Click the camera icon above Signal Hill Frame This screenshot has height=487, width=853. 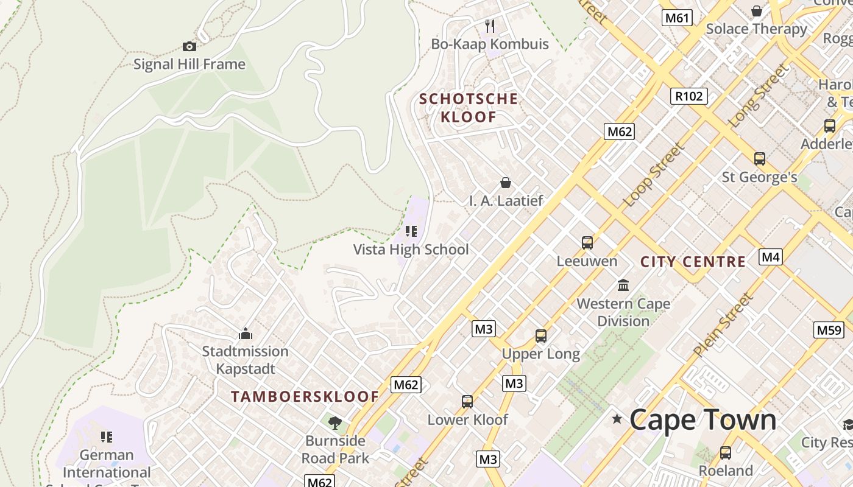coord(189,47)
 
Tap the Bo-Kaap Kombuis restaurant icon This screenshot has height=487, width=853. coord(490,26)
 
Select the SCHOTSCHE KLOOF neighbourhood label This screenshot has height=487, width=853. coord(469,108)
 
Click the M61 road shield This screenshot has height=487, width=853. coord(678,18)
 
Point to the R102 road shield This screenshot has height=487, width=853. coord(690,96)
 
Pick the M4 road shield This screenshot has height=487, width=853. coord(771,257)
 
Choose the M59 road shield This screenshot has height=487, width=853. coord(829,330)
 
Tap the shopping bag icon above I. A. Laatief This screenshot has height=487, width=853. coord(506,183)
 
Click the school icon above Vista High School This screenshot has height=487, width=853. coord(411,231)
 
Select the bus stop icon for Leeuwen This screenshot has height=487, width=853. coord(587,243)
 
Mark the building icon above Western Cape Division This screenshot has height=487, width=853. coord(623,285)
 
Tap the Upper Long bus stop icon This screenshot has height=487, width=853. coord(541,335)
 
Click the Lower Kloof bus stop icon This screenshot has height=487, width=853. coord(467,402)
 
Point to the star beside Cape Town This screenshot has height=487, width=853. coord(617,419)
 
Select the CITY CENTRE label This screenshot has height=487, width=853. coord(693,262)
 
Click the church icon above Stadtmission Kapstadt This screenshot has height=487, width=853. coord(246,334)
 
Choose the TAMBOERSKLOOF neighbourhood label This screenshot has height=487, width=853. coord(305,397)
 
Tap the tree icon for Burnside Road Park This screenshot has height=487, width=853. coord(334,422)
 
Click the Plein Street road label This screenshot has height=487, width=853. coord(723,325)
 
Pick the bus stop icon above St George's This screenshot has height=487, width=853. coord(760,159)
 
